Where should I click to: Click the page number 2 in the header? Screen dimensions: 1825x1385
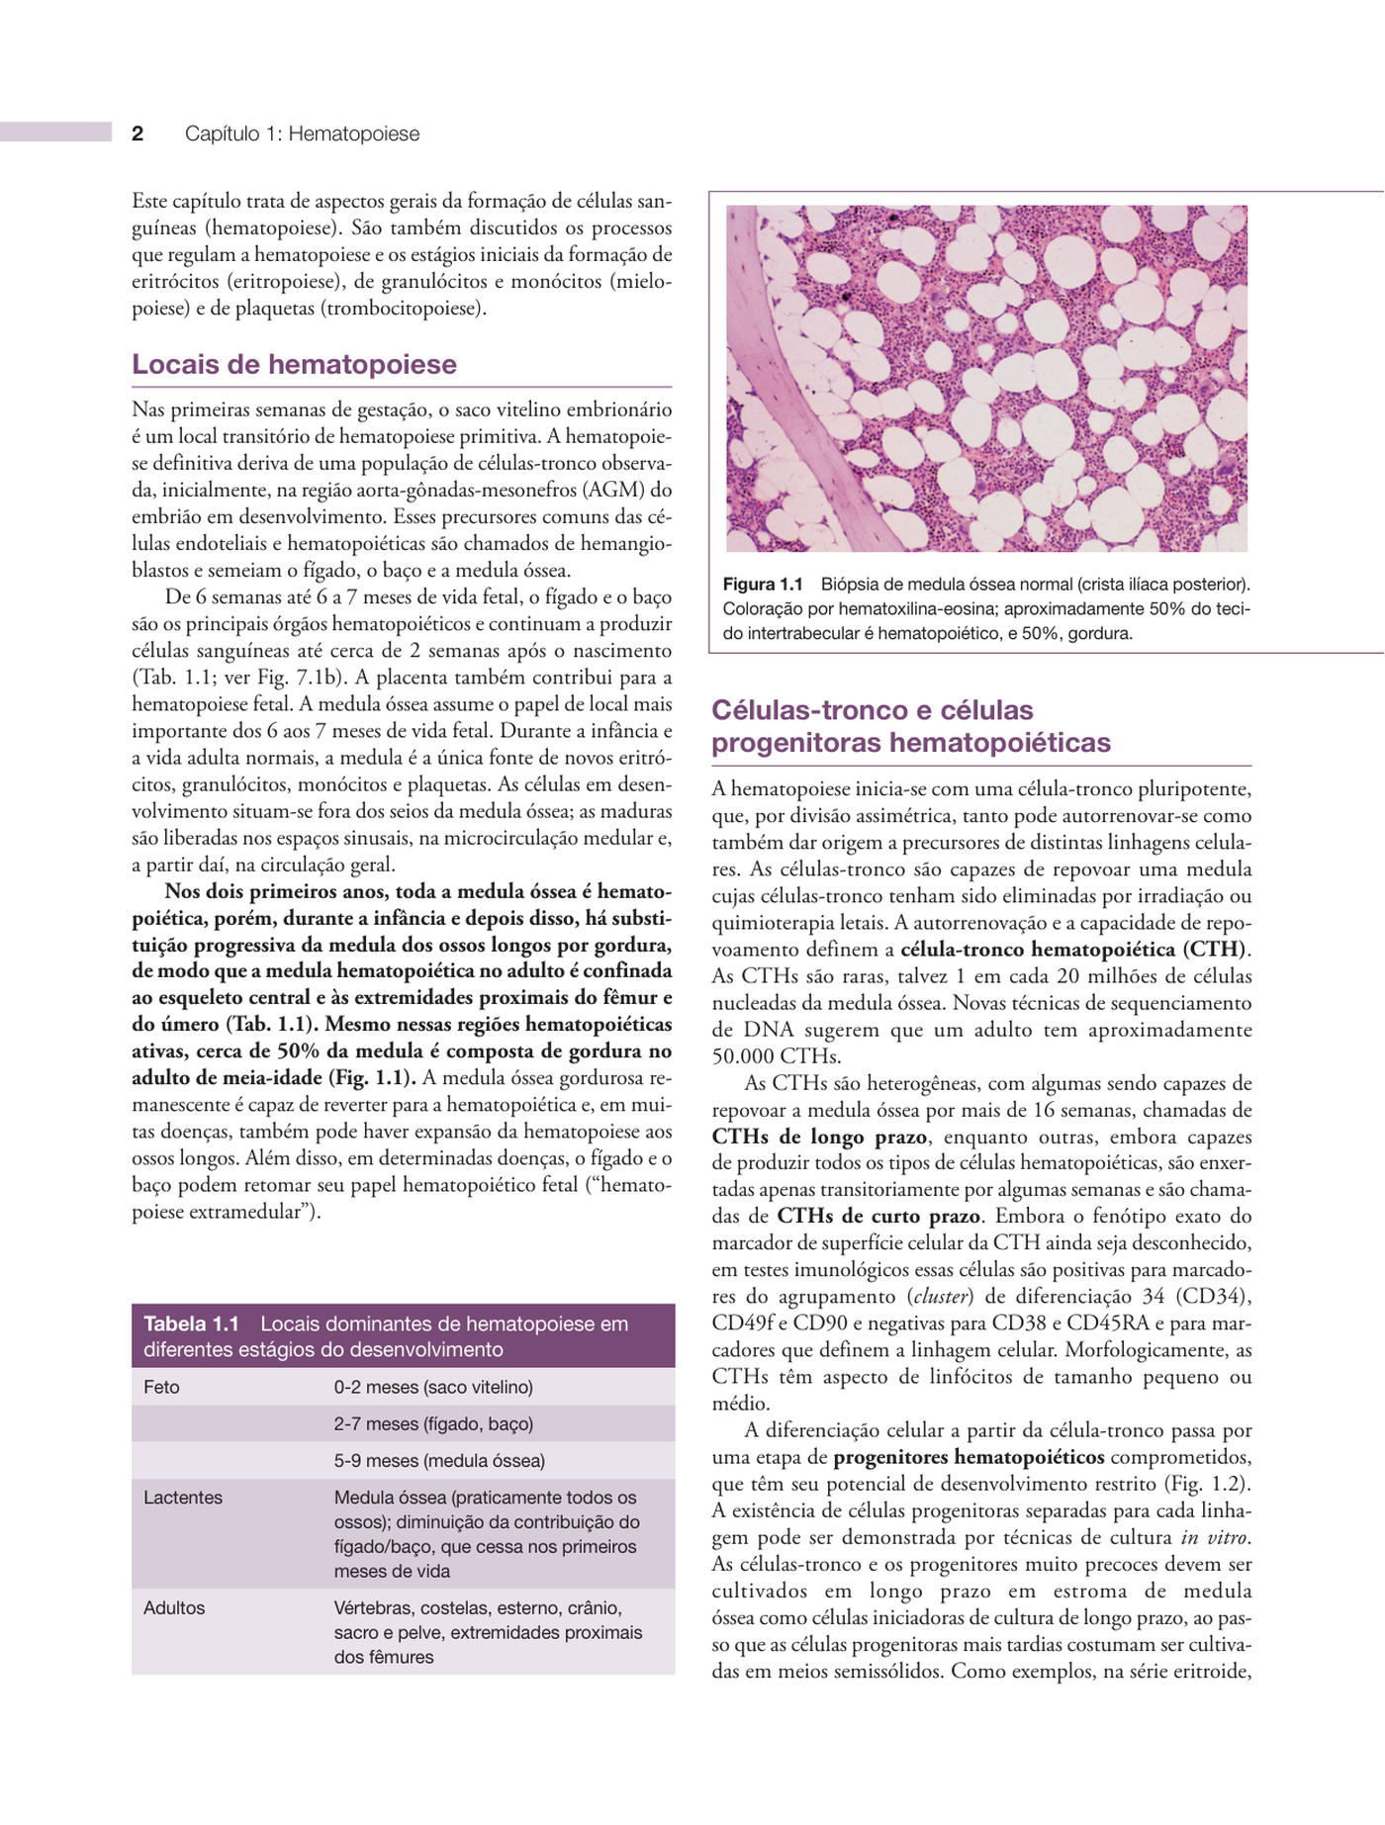(x=138, y=134)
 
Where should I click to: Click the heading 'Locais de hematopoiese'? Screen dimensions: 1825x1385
(x=294, y=364)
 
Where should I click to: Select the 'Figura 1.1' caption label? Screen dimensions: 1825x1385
(x=762, y=584)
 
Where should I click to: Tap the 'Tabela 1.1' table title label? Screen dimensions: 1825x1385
(x=191, y=1323)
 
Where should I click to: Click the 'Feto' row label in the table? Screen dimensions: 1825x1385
(x=161, y=1387)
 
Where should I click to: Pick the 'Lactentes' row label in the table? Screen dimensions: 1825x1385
(x=183, y=1497)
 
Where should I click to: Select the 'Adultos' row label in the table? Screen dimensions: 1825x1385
(x=174, y=1607)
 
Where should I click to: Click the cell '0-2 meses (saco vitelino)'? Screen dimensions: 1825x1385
(x=433, y=1387)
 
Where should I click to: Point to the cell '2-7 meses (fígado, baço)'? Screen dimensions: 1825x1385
(x=433, y=1423)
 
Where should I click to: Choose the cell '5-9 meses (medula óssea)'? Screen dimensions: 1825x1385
(x=439, y=1460)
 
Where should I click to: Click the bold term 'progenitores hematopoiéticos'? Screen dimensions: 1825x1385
(x=969, y=1456)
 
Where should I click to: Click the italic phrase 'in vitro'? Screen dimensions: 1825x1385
(x=1216, y=1537)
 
